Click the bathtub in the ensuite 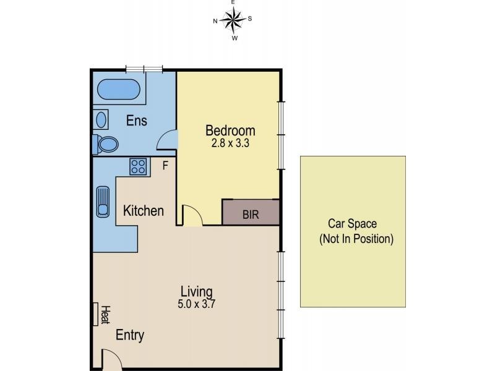pos(118,89)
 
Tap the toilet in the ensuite pos(106,145)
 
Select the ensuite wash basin pos(101,119)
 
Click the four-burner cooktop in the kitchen pos(138,166)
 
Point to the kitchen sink pos(103,202)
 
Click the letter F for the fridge pos(165,165)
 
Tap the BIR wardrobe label pos(251,215)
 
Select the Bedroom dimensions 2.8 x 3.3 pos(230,143)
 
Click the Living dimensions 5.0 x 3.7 pos(196,304)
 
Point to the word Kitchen pos(144,211)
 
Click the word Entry pos(130,335)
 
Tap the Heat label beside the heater pos(105,315)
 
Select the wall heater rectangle pos(95,314)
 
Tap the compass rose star pos(233,20)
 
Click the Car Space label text pos(352,224)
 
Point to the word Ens pos(136,121)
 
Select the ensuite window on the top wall pos(144,69)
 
